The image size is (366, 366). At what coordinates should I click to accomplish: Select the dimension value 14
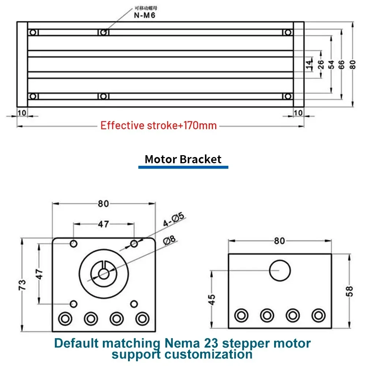(x=309, y=65)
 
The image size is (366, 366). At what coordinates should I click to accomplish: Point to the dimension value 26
(x=321, y=65)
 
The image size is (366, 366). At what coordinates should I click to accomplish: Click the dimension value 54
(x=332, y=65)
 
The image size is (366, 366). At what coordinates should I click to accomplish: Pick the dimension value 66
(x=341, y=65)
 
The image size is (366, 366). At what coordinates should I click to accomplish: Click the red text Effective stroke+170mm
(x=158, y=126)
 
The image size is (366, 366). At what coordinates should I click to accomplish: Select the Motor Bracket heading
(x=183, y=159)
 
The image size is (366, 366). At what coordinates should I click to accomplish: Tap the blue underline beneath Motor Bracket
(x=183, y=167)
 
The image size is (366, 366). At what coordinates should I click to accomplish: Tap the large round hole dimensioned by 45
(x=280, y=270)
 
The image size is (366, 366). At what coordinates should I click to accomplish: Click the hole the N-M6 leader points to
(x=103, y=33)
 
